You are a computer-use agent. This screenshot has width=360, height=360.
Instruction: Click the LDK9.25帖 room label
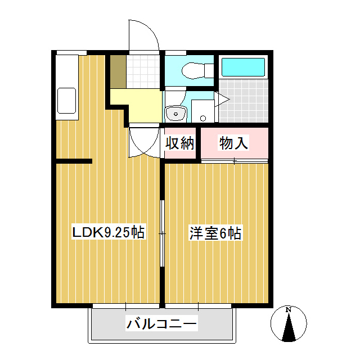click(108, 232)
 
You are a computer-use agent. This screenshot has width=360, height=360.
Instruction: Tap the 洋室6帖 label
click(215, 233)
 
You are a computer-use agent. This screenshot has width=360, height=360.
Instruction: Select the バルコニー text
click(161, 324)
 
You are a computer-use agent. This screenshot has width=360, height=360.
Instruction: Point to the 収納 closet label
click(180, 143)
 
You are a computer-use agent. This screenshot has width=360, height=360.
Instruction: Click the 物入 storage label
click(233, 143)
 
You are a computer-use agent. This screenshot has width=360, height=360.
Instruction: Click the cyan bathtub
click(243, 67)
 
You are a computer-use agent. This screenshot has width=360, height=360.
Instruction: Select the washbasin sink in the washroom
click(176, 114)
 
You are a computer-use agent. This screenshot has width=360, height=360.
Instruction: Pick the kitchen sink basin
click(66, 101)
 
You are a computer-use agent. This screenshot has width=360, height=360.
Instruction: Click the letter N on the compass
click(289, 310)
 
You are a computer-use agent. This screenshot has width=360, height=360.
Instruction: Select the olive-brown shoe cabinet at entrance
click(118, 71)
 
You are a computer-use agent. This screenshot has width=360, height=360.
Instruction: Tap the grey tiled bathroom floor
click(244, 101)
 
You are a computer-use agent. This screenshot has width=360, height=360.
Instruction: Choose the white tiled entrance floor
click(143, 71)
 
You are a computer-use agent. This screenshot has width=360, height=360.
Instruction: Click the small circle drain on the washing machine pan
click(203, 119)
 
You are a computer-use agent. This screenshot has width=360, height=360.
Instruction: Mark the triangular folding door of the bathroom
click(222, 99)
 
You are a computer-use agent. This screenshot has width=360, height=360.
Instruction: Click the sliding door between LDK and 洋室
click(163, 233)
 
